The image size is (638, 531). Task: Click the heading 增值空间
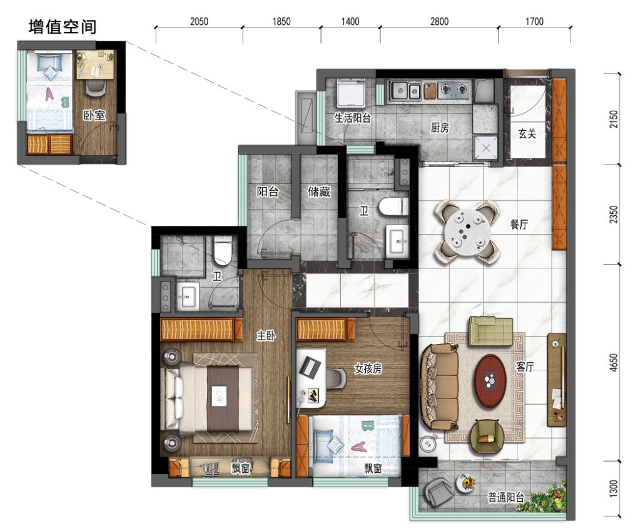[x=63, y=27]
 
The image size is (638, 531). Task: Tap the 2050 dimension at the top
[x=198, y=21]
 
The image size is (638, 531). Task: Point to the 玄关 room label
[x=527, y=134]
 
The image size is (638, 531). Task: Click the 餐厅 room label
[x=519, y=225]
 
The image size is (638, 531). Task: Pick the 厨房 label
[x=440, y=128]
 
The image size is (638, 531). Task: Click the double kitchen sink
[x=405, y=91]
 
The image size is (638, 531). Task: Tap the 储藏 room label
[x=319, y=193]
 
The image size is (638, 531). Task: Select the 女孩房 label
[x=367, y=369]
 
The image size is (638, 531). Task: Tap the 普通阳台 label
[x=506, y=498]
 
